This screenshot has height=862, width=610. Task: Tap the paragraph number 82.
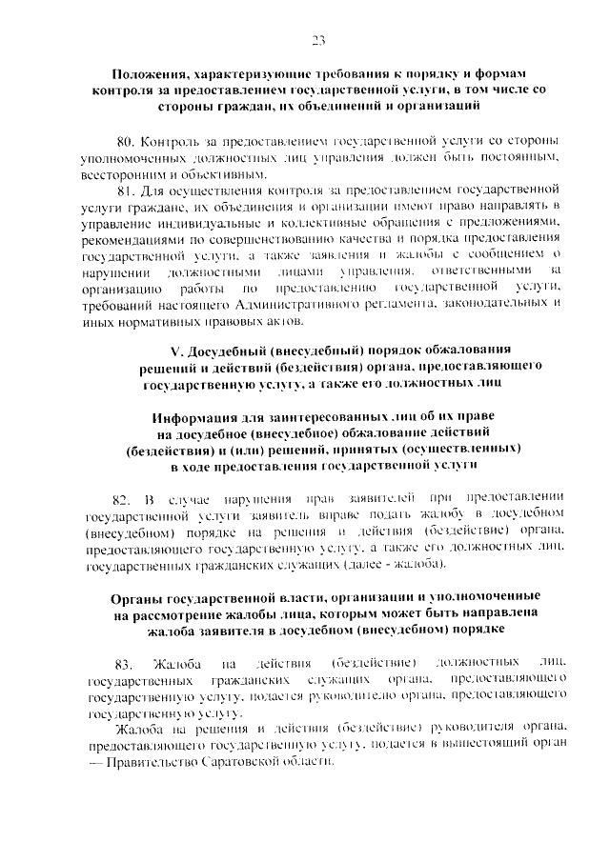121,498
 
